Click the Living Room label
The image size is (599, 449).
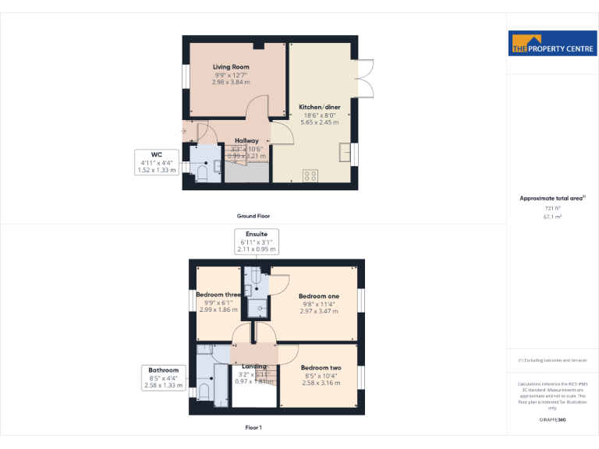(231, 68)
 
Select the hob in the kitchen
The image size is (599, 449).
(311, 175)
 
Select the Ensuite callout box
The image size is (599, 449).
(257, 242)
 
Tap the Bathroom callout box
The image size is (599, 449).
(164, 377)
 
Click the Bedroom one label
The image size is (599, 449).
(319, 296)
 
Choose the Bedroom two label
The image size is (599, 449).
(321, 368)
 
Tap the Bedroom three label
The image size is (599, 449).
(218, 295)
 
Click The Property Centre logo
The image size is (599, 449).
(552, 44)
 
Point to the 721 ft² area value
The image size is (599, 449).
(552, 208)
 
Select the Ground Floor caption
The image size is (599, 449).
(253, 216)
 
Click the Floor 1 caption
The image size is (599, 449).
(253, 427)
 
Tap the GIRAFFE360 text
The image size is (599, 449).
(552, 420)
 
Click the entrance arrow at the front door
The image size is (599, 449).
(183, 130)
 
